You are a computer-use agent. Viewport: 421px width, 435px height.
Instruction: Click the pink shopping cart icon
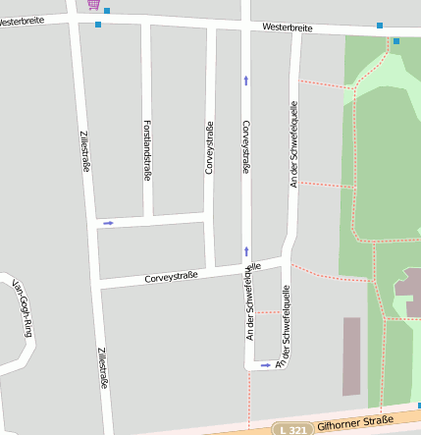click(93, 4)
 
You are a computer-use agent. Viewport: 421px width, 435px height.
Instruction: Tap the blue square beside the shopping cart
click(107, 11)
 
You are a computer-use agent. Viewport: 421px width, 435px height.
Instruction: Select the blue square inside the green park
click(396, 41)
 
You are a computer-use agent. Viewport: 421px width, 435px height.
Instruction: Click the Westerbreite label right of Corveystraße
click(288, 27)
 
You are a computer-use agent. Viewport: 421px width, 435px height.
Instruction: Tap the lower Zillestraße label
click(101, 368)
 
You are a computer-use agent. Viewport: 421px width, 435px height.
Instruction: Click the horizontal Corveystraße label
click(171, 277)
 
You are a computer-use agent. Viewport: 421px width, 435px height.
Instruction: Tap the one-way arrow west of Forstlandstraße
click(108, 223)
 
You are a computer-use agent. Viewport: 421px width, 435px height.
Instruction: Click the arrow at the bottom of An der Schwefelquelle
click(266, 365)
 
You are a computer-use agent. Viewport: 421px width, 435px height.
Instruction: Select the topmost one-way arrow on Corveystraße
click(246, 81)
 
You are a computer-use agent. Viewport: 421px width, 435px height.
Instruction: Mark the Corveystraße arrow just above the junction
click(246, 251)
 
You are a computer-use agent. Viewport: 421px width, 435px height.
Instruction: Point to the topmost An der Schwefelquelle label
click(292, 144)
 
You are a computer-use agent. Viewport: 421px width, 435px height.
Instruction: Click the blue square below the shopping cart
click(98, 24)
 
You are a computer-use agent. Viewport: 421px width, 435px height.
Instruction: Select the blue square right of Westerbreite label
click(379, 25)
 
